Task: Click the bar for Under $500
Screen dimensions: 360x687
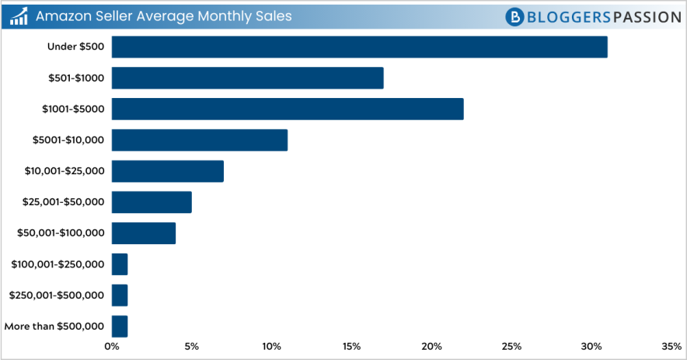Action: click(x=359, y=47)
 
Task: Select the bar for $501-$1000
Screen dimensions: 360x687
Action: click(x=247, y=78)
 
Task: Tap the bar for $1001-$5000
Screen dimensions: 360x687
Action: click(x=288, y=109)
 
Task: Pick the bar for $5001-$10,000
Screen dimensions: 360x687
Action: click(x=200, y=140)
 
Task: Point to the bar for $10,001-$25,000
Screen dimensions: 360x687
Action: click(x=168, y=171)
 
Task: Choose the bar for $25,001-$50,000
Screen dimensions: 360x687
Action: click(x=152, y=202)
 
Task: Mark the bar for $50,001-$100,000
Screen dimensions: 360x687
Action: click(x=144, y=233)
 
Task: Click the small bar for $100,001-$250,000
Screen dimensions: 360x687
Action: click(x=120, y=264)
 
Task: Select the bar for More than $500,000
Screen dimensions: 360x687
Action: click(x=120, y=326)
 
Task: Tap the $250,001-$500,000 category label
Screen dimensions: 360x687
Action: click(x=56, y=295)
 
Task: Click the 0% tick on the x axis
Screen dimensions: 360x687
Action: click(x=112, y=346)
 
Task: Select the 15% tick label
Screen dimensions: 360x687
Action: click(x=351, y=346)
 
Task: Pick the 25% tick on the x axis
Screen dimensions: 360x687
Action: click(x=511, y=346)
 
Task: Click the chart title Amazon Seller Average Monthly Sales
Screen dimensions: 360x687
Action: click(x=163, y=16)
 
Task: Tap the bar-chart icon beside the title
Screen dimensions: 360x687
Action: click(x=19, y=16)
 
